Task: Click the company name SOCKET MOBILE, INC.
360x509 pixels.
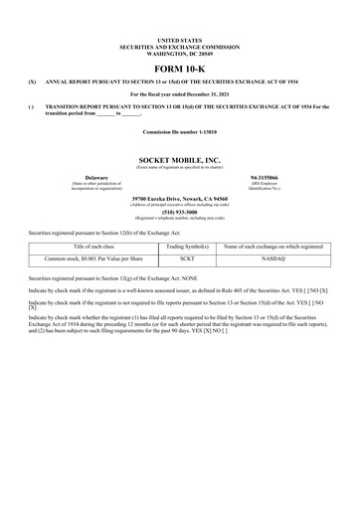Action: tap(180, 158)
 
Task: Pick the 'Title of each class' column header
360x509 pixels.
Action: tap(95, 244)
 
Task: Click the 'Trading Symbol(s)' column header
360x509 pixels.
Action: tap(186, 244)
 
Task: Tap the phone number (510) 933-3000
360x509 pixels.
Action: tap(179, 211)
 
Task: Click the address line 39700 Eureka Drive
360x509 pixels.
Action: tap(179, 198)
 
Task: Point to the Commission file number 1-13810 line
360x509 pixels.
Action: tap(179, 131)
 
